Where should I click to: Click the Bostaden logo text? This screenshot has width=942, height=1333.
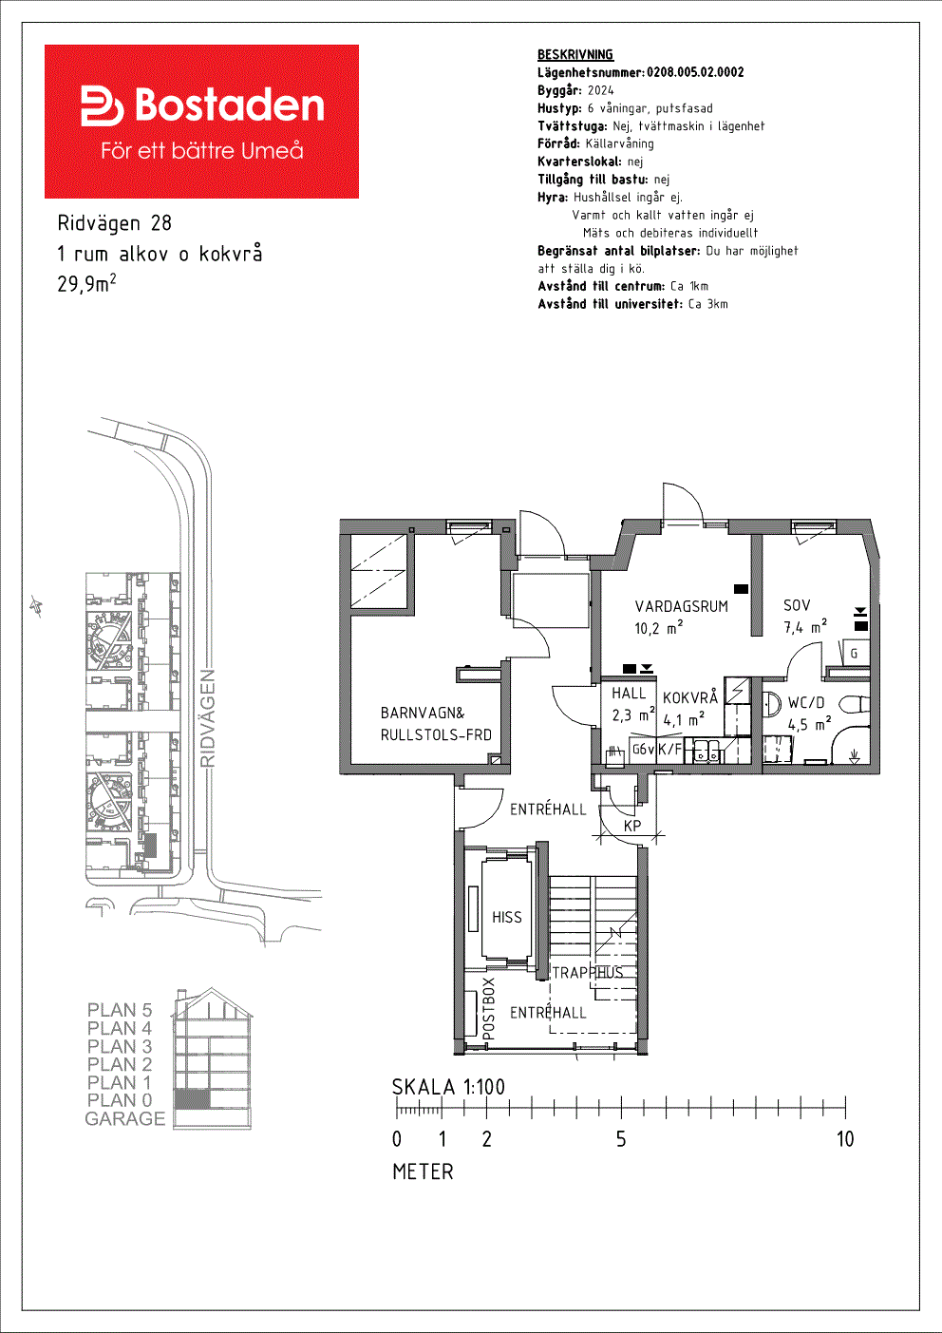(x=230, y=105)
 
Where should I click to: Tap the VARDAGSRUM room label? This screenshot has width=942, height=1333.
(x=681, y=606)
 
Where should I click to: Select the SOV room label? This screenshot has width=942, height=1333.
(x=797, y=605)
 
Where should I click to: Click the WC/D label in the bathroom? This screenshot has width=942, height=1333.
(x=806, y=703)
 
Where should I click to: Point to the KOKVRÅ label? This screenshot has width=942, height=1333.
(x=689, y=697)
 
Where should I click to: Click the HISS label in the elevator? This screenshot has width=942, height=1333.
(x=507, y=917)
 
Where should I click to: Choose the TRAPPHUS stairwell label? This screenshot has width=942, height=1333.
(x=588, y=972)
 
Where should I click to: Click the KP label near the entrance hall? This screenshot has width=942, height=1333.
(x=632, y=826)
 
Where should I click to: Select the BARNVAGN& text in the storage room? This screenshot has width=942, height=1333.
(x=423, y=713)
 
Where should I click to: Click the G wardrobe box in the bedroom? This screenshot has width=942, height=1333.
(x=854, y=654)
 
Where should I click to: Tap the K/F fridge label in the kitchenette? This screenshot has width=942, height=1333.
(x=669, y=749)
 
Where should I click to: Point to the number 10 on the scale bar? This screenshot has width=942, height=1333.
(x=845, y=1139)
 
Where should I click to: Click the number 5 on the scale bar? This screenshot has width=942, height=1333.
(x=621, y=1139)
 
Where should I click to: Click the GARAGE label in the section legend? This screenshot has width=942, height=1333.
(x=125, y=1118)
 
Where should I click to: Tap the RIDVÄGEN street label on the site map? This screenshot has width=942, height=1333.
(x=208, y=718)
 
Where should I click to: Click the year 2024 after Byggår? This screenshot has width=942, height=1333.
(x=601, y=90)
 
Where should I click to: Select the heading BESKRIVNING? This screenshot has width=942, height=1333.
(x=575, y=55)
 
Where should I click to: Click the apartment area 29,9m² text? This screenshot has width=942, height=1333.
(x=86, y=283)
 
